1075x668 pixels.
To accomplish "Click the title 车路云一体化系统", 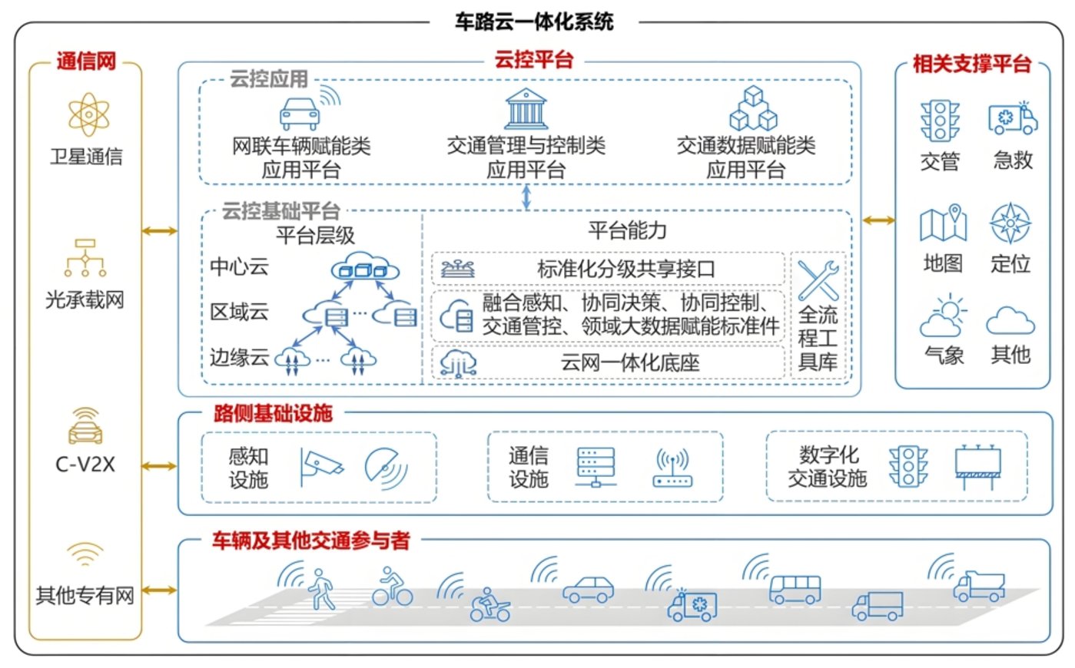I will (533, 21).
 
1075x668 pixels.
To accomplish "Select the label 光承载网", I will (85, 299).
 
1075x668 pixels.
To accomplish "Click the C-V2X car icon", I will (85, 428).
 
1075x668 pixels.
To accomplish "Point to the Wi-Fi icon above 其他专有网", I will (85, 554).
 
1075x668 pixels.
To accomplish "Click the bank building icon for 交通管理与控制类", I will (526, 110).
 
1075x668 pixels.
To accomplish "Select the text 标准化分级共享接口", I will (626, 270).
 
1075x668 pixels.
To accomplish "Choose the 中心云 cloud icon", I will (365, 267).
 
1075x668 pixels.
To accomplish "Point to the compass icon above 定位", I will (1010, 223).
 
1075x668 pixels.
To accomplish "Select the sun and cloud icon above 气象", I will (944, 316).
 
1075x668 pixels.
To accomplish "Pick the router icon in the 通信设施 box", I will (672, 468).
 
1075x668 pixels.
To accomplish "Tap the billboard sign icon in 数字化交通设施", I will (977, 467).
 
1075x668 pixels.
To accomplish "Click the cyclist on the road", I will (392, 587).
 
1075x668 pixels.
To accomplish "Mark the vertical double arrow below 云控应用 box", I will (526, 197).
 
